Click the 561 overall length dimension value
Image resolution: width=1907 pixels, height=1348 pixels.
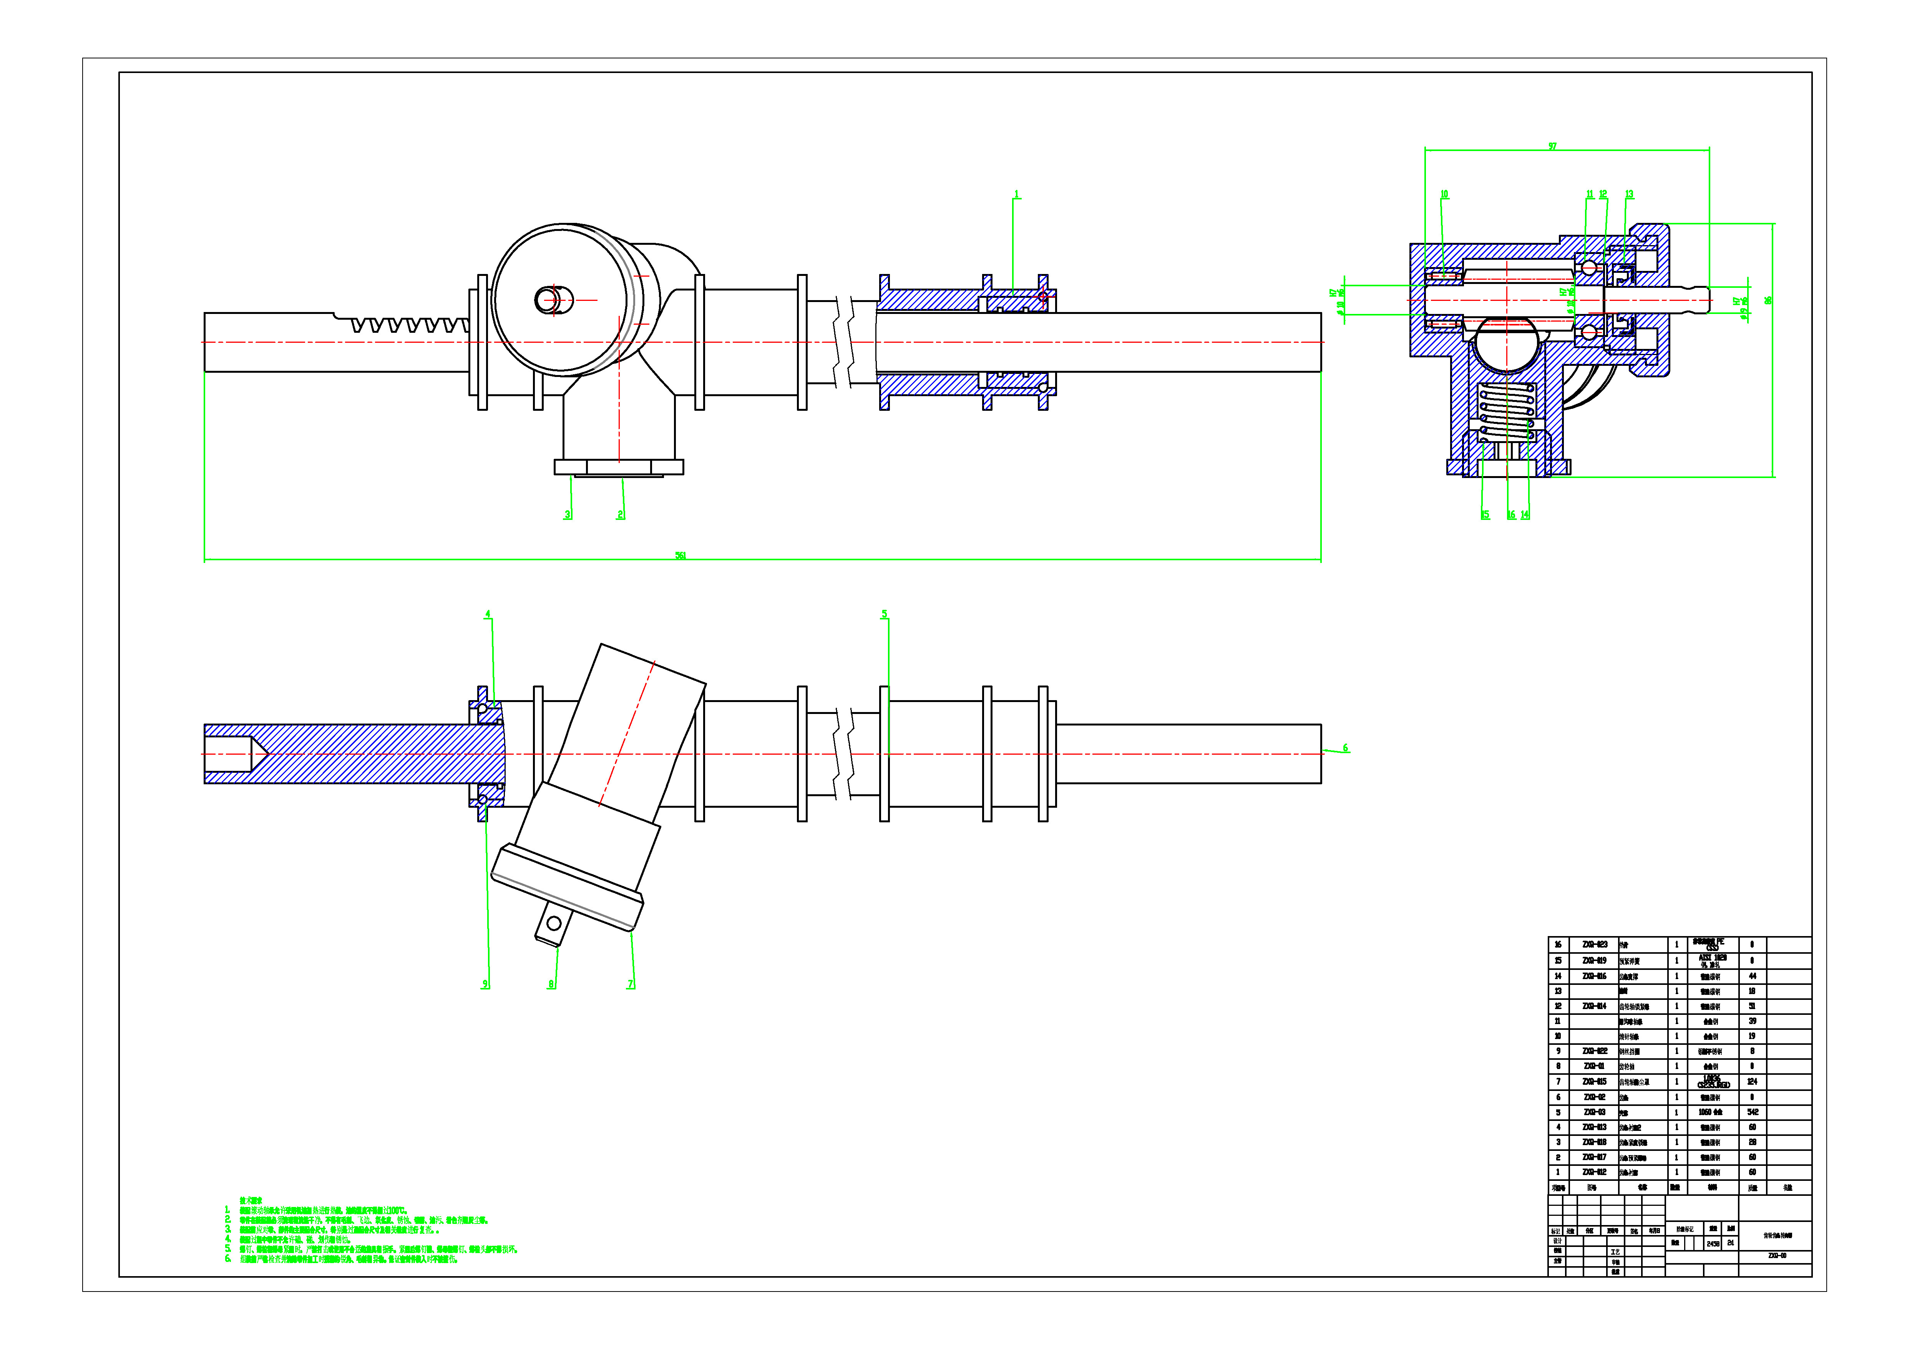680,556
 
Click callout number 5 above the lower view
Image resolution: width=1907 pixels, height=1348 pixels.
885,614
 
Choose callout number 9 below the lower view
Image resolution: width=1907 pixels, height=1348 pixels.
485,984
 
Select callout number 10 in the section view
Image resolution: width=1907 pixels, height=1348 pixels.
1444,194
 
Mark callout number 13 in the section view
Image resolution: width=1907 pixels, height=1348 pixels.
1629,194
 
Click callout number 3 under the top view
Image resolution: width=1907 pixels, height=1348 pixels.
568,515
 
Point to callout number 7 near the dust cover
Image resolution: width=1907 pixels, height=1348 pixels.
631,984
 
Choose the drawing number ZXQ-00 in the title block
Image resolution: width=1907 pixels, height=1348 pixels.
1777,1256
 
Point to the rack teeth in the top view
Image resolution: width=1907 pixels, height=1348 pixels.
407,324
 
